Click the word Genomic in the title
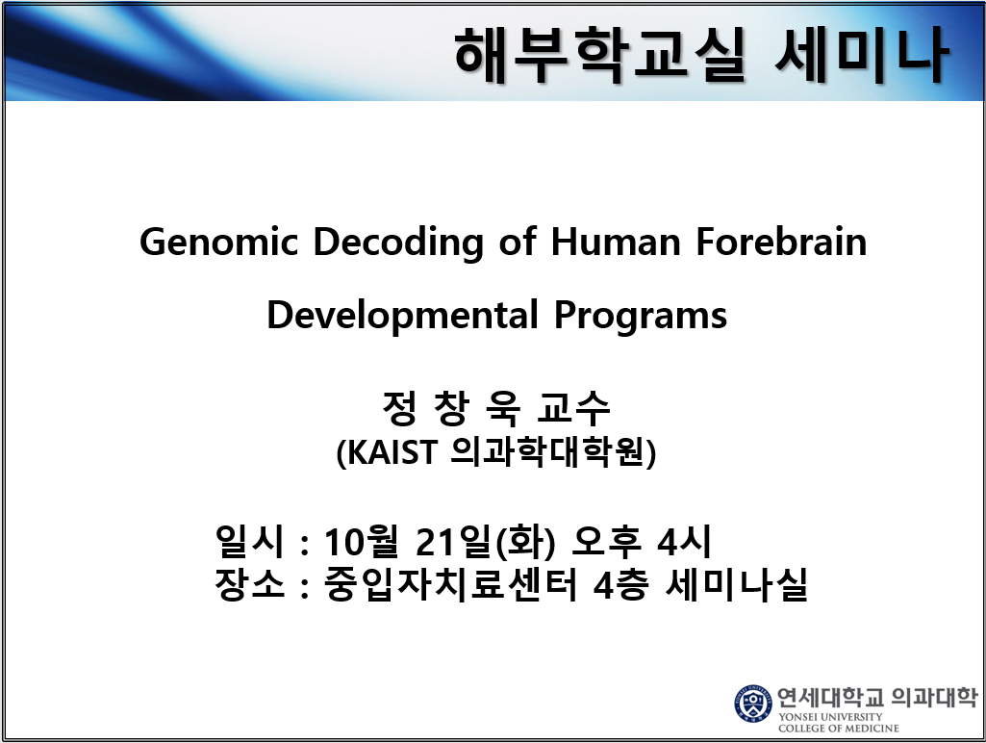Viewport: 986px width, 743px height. [x=218, y=243]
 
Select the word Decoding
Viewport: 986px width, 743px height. [x=398, y=243]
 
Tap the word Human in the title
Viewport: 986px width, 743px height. [x=616, y=242]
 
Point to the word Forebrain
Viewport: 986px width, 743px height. [x=781, y=242]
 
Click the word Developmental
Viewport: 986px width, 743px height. [x=402, y=316]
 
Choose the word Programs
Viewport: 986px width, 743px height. [x=640, y=317]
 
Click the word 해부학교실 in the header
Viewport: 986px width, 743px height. [x=600, y=55]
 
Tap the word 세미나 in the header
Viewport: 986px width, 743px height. [x=861, y=55]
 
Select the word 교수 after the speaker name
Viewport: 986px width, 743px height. [x=573, y=408]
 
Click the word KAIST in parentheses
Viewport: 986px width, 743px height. [x=392, y=452]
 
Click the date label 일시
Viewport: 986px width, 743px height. [x=250, y=541]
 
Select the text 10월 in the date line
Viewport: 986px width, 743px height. [x=362, y=542]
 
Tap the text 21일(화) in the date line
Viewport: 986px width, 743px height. [x=486, y=542]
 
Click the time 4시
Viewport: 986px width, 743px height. [x=684, y=541]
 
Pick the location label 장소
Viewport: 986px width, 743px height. [x=250, y=584]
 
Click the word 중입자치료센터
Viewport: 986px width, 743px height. [x=450, y=584]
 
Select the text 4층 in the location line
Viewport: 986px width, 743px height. [x=621, y=585]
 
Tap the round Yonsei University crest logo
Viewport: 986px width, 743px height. [x=753, y=704]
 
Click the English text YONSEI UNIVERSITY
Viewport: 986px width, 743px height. [x=830, y=717]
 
